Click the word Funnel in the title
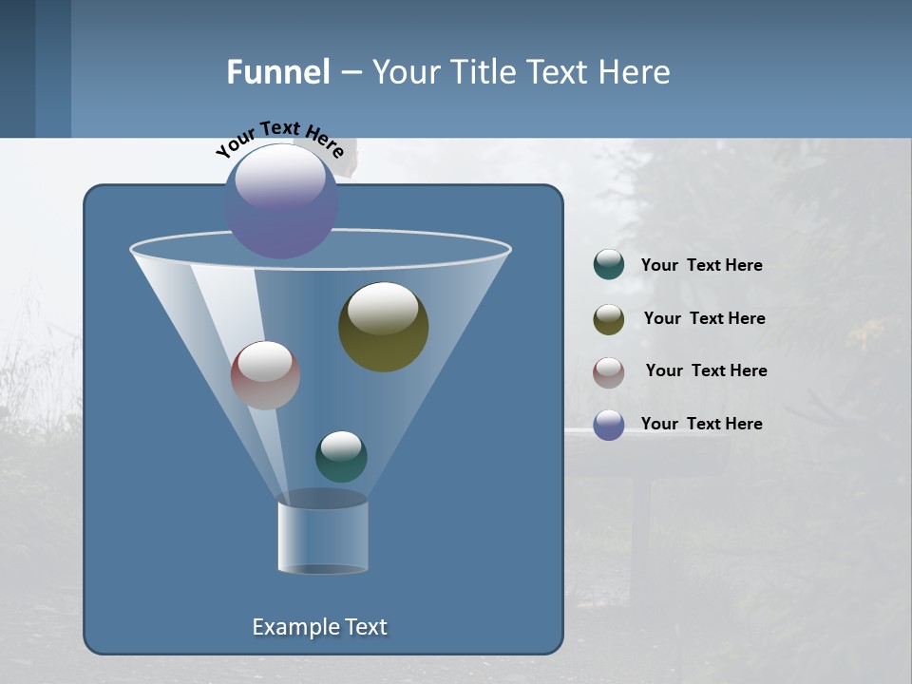277,72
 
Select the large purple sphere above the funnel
281,201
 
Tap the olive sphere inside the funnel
383,328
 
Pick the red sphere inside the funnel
265,375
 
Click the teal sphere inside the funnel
341,456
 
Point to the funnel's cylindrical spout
322,537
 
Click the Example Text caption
319,627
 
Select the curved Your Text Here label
279,139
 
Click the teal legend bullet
609,265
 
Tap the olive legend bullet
609,319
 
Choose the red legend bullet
609,372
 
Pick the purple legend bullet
609,425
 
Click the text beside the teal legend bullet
701,265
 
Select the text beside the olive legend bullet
704,318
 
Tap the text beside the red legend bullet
706,370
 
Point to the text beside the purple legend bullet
701,424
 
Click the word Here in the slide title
636,72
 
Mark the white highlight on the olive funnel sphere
383,309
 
